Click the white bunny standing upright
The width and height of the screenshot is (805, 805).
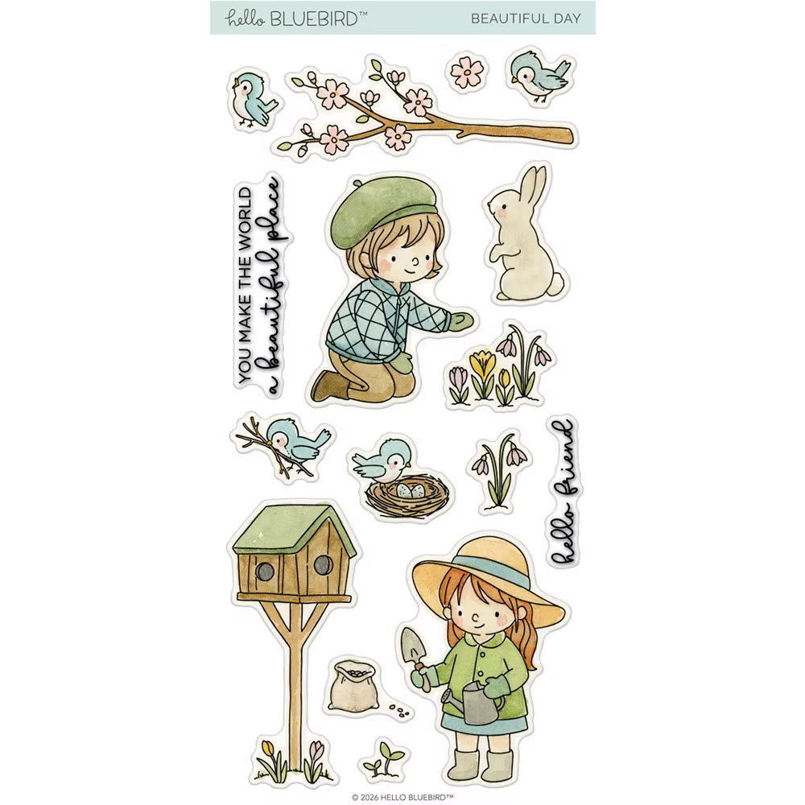point(524,242)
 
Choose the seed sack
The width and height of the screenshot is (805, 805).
point(353,686)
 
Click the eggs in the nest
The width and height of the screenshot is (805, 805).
point(410,490)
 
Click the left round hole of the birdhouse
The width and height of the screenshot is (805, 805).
point(265,571)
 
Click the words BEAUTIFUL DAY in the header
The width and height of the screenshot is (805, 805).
point(526,19)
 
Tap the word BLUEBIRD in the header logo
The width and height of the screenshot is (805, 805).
point(314,19)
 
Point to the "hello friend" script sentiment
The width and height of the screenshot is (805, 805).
point(563,493)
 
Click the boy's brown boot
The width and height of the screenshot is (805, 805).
point(329,385)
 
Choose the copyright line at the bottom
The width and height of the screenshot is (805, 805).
point(402,797)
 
